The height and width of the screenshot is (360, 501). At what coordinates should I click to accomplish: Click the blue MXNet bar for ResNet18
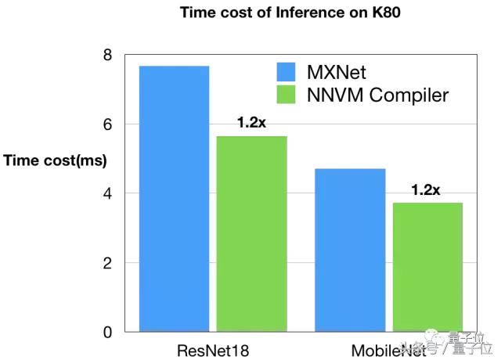(x=174, y=199)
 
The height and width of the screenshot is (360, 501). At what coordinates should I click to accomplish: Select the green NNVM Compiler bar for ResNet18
(x=251, y=234)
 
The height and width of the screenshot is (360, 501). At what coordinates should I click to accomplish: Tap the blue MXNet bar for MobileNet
(x=350, y=250)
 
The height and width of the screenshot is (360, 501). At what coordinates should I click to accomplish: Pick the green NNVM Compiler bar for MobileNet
(x=427, y=267)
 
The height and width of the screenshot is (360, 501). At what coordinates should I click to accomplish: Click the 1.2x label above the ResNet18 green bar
(x=252, y=123)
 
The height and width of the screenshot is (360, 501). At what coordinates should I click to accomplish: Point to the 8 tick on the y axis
(x=107, y=56)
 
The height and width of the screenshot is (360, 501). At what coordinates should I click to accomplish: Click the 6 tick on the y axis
(x=107, y=124)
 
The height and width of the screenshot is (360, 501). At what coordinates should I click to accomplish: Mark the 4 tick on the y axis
(x=107, y=193)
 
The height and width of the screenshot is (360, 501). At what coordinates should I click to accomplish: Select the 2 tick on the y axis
(x=107, y=263)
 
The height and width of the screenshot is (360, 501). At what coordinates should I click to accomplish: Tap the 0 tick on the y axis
(x=107, y=332)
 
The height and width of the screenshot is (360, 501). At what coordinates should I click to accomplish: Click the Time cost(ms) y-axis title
(x=55, y=160)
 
